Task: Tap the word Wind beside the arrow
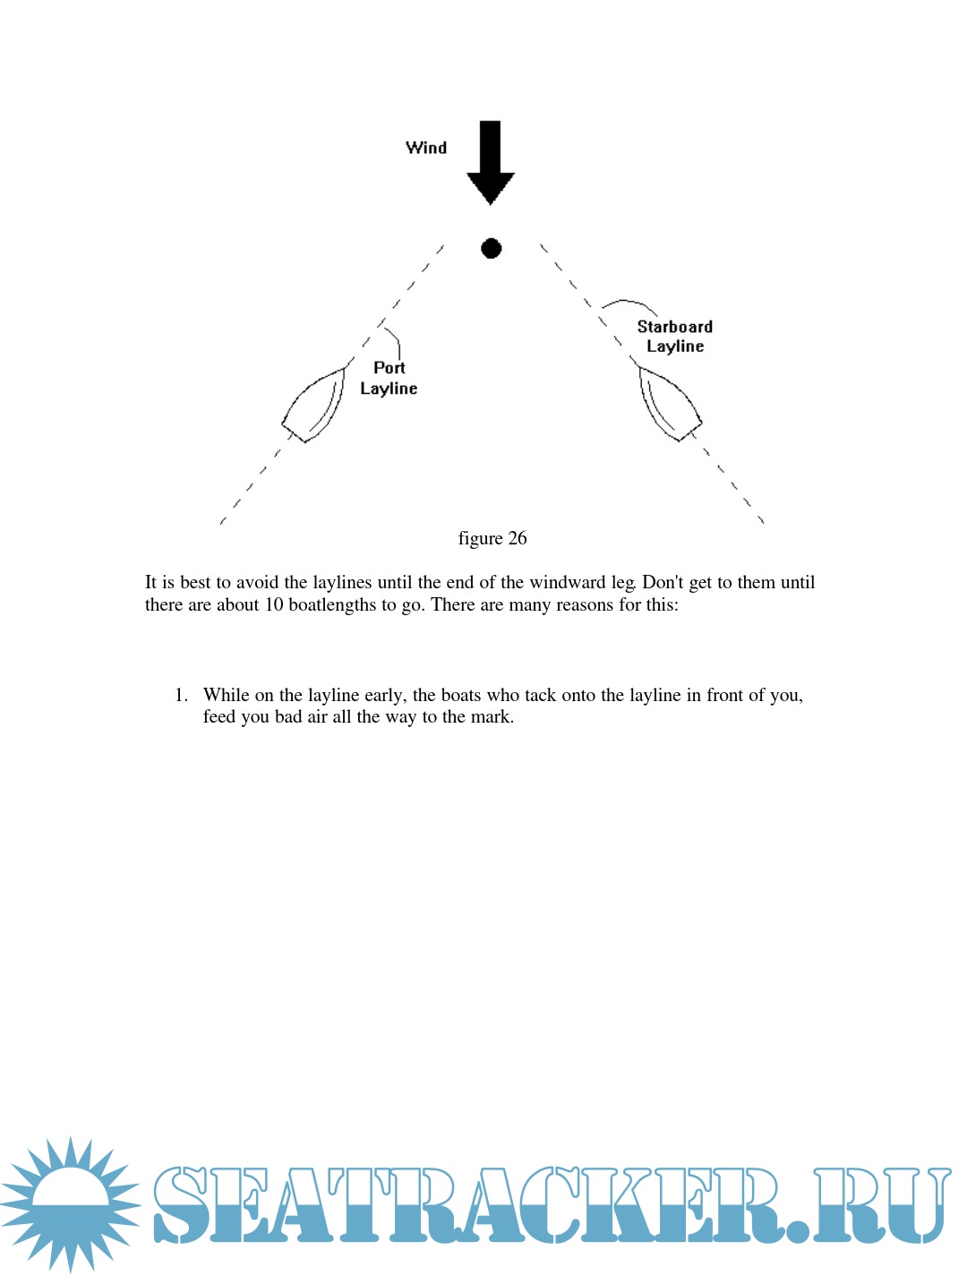coord(426,148)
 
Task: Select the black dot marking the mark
coord(491,248)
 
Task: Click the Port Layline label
coord(389,378)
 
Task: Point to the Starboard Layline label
coord(675,337)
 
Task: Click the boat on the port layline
coord(313,406)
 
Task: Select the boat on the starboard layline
coord(670,404)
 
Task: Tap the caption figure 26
coord(492,538)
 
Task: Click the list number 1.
coord(181,695)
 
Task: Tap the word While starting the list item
coord(227,695)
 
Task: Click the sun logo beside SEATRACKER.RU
coord(71,1203)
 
